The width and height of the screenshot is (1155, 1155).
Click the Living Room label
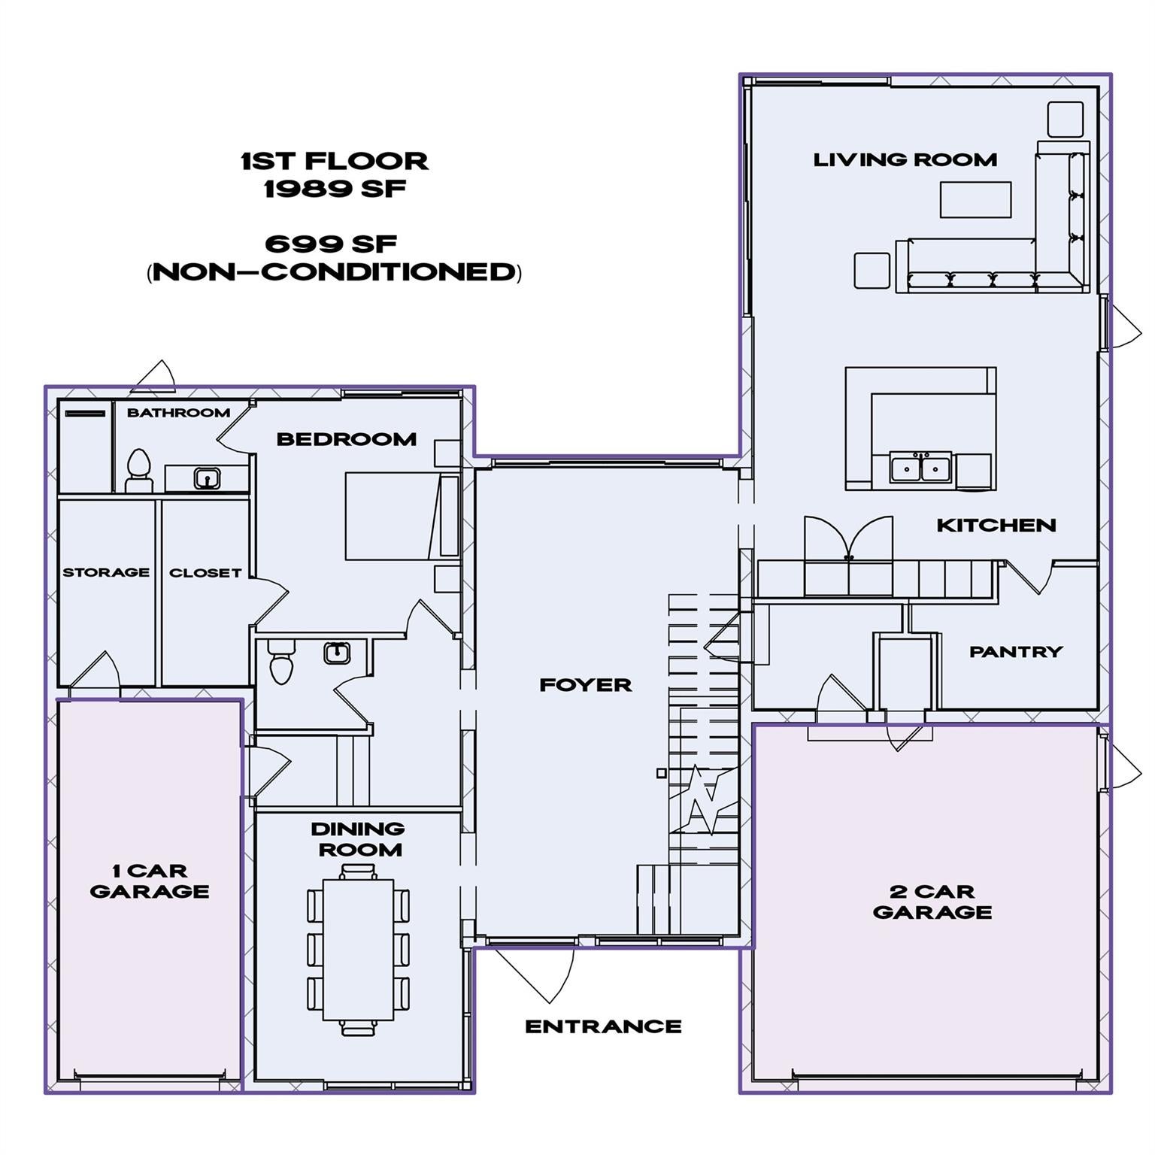(x=905, y=159)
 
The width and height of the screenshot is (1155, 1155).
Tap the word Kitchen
(x=996, y=526)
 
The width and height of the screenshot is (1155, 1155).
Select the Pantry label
(x=1015, y=652)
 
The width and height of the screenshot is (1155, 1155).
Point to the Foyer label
(x=585, y=685)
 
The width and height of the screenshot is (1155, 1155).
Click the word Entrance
(x=603, y=1026)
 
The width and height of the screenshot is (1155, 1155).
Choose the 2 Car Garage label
(x=932, y=902)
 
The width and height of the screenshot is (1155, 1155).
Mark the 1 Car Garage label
(x=149, y=881)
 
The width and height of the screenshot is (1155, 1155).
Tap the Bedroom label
(x=346, y=439)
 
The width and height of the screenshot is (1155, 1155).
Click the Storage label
(x=106, y=572)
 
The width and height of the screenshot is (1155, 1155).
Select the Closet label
(x=205, y=573)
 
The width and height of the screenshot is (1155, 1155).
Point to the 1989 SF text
(x=335, y=188)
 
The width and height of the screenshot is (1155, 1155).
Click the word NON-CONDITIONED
(x=335, y=271)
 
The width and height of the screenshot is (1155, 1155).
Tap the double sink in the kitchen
(x=920, y=467)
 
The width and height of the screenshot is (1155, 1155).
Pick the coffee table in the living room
(x=975, y=199)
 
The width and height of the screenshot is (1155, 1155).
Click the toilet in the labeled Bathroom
(x=138, y=469)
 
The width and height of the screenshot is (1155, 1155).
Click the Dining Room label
(x=357, y=839)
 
